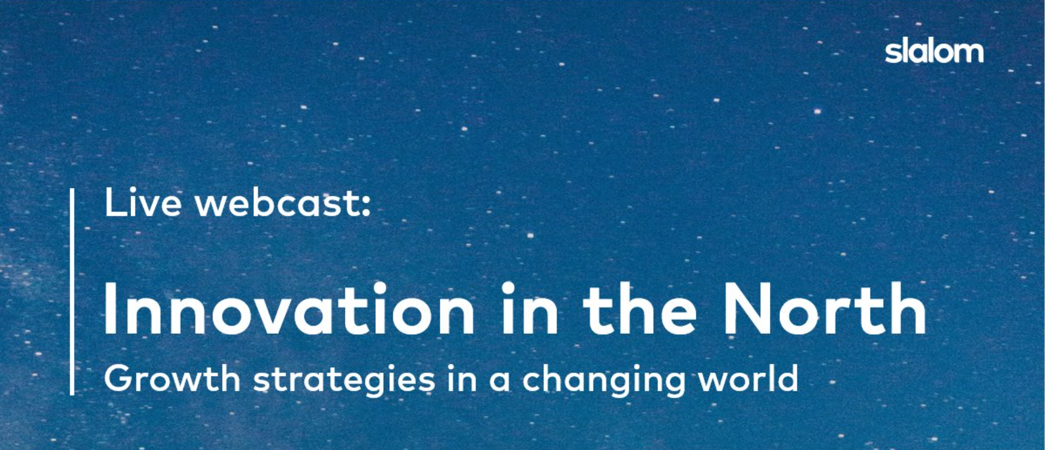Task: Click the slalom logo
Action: pyautogui.click(x=934, y=51)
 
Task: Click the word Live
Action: pyautogui.click(x=143, y=202)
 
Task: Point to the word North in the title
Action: pyautogui.click(x=824, y=308)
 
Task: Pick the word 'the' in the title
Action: pyautogui.click(x=640, y=308)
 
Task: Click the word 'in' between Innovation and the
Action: pyautogui.click(x=529, y=308)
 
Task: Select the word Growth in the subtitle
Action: pyautogui.click(x=172, y=378)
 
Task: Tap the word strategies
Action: pyautogui.click(x=344, y=379)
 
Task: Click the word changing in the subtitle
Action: pyautogui.click(x=603, y=379)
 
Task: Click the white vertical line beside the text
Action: pyautogui.click(x=73, y=292)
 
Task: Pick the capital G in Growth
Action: pyautogui.click(x=119, y=378)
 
